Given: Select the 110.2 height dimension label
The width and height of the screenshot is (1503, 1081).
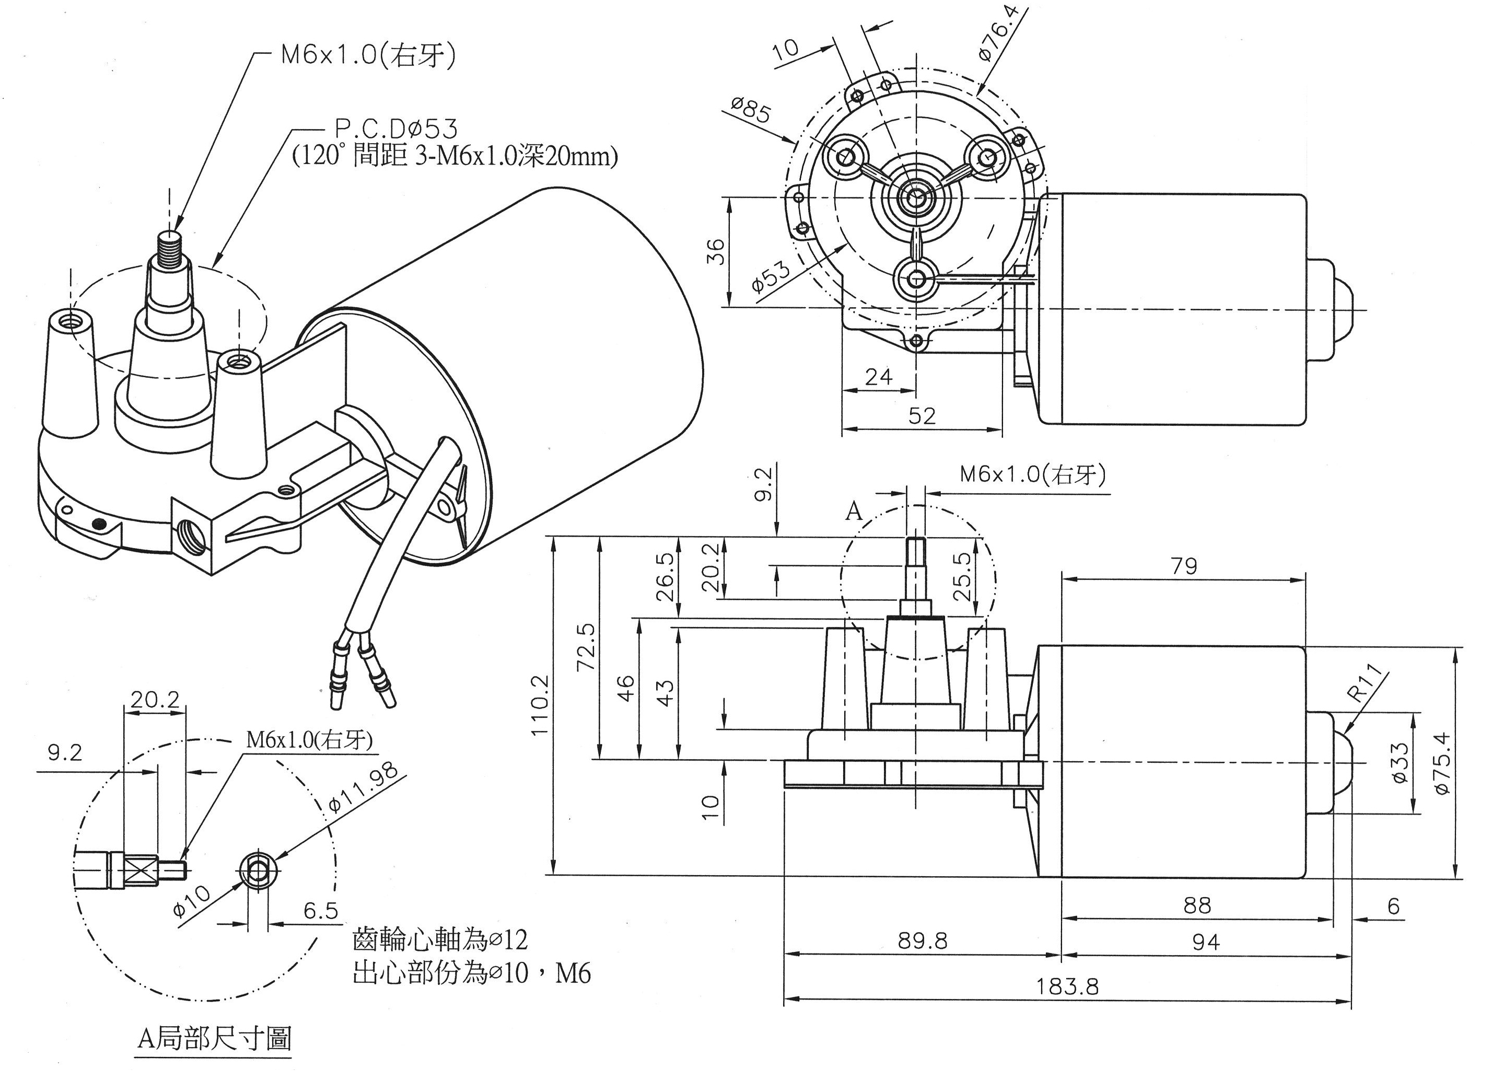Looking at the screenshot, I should [x=540, y=704].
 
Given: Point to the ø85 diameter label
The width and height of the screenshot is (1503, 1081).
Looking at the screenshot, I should [x=751, y=111].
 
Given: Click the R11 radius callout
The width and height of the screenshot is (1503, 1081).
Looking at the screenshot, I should [x=1367, y=683].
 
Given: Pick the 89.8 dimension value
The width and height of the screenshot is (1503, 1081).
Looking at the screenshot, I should [x=923, y=940].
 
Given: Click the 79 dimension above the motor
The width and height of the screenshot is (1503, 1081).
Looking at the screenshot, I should [x=1184, y=565].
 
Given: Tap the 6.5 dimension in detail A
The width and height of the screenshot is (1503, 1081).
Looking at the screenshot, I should [x=321, y=911].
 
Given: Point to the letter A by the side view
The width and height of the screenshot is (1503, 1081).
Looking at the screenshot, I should [x=854, y=511].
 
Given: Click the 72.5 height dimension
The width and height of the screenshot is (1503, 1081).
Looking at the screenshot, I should [x=587, y=647].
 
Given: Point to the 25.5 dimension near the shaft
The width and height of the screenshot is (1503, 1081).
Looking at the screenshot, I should [x=963, y=576].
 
